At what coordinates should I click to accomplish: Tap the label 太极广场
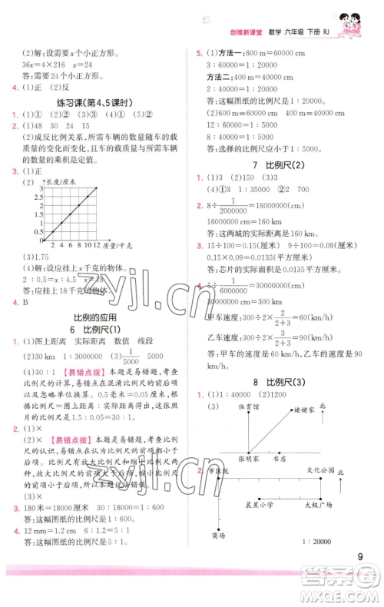(316, 506)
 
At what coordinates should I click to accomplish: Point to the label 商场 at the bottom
(218, 536)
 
